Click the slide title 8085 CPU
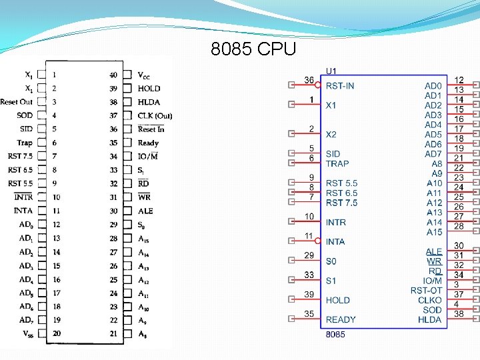253,50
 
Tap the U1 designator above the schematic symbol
331,71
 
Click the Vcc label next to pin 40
144,75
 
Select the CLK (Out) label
155,116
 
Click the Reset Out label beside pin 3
16,102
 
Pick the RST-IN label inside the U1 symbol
340,86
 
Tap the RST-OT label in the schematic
426,291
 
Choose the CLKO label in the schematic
429,300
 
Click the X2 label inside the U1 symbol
331,135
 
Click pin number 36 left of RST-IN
309,80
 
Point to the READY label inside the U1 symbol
341,320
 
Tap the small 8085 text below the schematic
335,335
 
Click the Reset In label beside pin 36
151,129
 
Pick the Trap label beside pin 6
25,143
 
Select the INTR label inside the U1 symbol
336,223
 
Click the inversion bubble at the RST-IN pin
318,85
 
